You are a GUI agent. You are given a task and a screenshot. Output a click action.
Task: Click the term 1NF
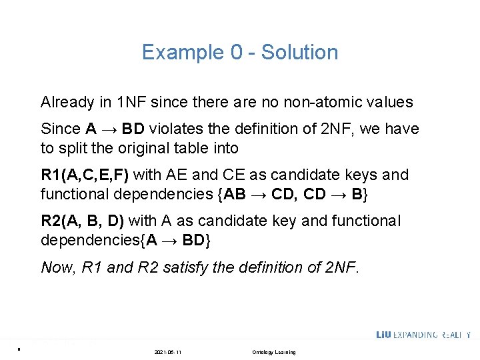[131, 103]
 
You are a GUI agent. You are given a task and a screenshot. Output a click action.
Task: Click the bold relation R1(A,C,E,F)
[86, 175]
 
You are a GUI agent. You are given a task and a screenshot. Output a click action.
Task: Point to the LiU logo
[385, 335]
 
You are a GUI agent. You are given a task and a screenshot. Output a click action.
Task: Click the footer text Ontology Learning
[274, 352]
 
